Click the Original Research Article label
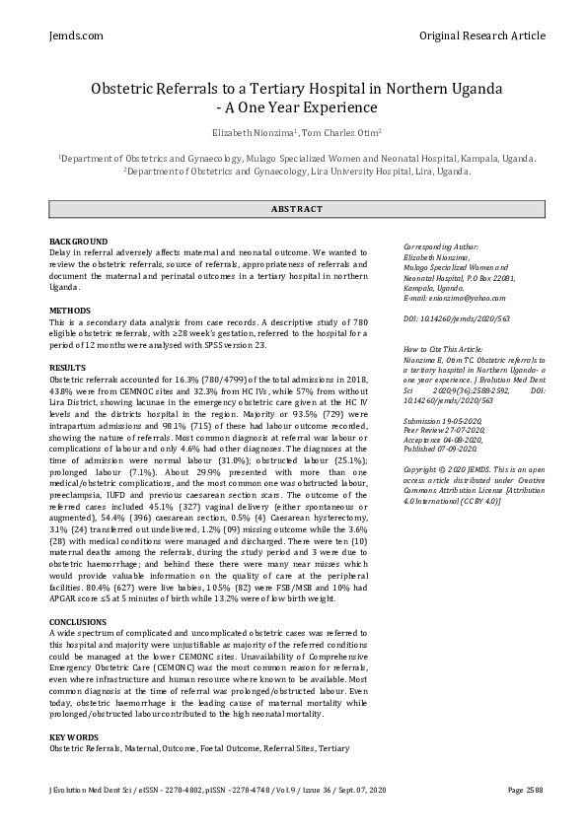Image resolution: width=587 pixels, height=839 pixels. pyautogui.click(x=481, y=35)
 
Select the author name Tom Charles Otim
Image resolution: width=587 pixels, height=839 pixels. pyautogui.click(x=330, y=131)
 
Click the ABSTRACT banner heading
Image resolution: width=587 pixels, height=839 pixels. pyautogui.click(x=297, y=209)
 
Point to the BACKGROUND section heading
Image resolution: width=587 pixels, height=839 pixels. pyautogui.click(x=79, y=242)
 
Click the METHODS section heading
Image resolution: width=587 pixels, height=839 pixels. pyautogui.click(x=70, y=311)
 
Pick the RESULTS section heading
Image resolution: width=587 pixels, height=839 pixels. pyautogui.click(x=67, y=368)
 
